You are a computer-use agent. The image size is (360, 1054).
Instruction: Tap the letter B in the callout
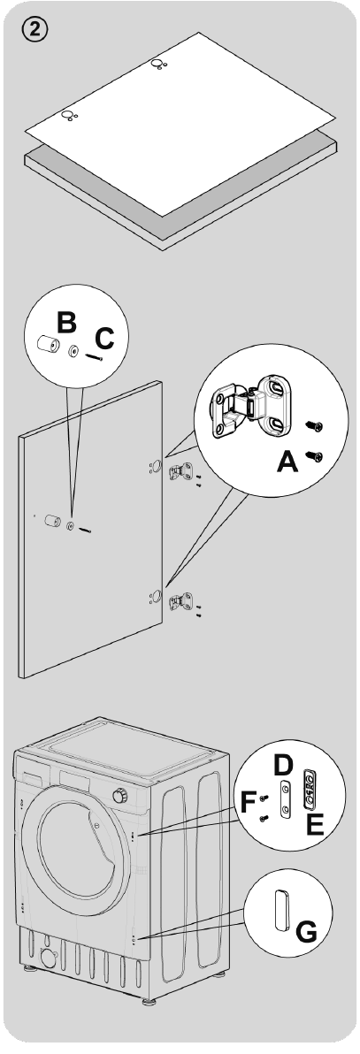pyautogui.click(x=65, y=321)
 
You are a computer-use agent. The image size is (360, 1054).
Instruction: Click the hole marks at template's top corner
pyautogui.click(x=157, y=64)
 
